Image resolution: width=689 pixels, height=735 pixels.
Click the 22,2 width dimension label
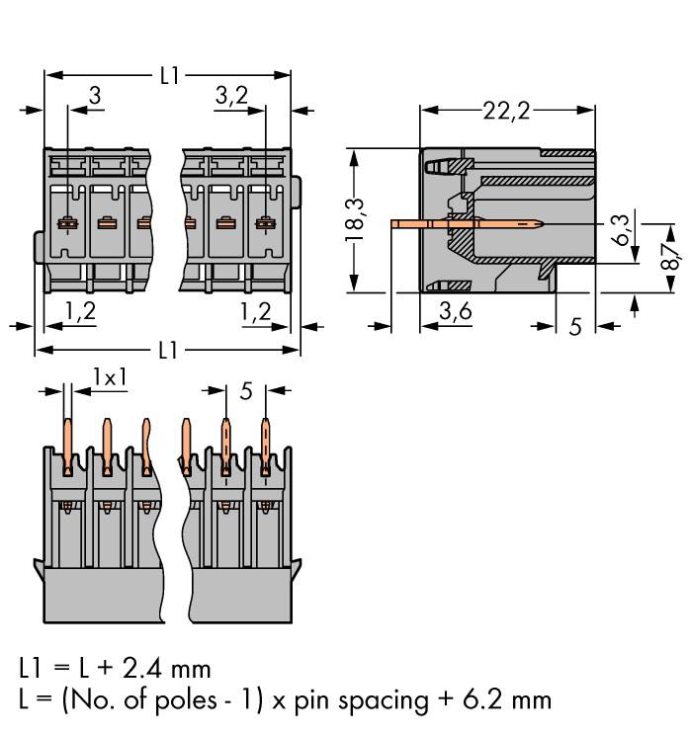pyautogui.click(x=506, y=111)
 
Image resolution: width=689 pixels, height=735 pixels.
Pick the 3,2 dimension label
pyautogui.click(x=229, y=95)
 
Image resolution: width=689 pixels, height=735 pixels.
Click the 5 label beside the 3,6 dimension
pyautogui.click(x=575, y=325)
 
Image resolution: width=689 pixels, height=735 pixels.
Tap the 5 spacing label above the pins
pyautogui.click(x=245, y=391)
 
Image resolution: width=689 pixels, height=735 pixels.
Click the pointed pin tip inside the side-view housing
pyautogui.click(x=535, y=224)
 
